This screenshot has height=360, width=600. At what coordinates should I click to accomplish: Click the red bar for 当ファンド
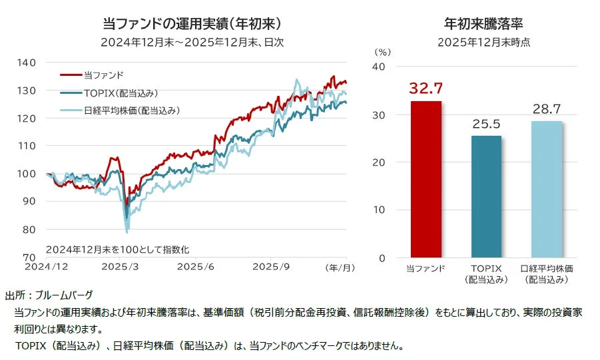pyautogui.click(x=426, y=179)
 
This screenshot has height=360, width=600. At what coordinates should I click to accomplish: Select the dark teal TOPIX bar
pyautogui.click(x=485, y=196)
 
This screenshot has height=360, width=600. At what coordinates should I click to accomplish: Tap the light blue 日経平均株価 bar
pyautogui.click(x=546, y=189)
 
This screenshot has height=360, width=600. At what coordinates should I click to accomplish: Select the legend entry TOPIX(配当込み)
pyautogui.click(x=121, y=93)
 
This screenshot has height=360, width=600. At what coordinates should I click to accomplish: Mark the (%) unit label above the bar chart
pyautogui.click(x=382, y=51)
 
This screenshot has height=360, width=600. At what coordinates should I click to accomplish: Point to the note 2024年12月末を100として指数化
pyautogui.click(x=118, y=250)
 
